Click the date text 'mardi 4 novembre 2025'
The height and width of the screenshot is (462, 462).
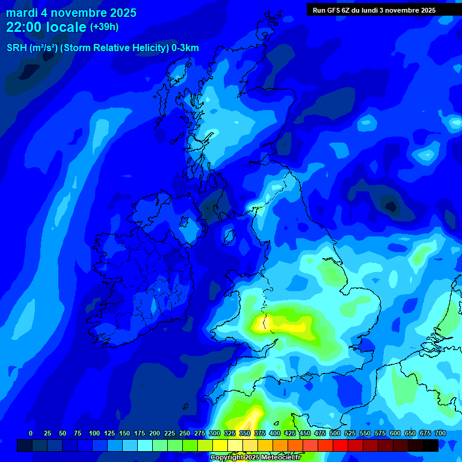click(71, 13)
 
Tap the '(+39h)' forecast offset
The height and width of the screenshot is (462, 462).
click(104, 27)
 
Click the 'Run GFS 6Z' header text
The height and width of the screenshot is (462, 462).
click(334, 10)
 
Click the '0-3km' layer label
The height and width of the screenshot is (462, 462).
click(185, 48)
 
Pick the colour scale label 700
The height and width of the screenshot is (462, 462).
click(440, 433)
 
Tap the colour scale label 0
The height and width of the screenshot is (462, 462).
click(31, 433)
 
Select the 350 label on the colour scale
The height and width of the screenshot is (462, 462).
click(244, 433)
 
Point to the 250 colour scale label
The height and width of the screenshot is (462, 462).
click(184, 433)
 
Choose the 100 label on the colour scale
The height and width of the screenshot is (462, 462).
click(94, 433)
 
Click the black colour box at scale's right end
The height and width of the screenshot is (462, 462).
click(431, 445)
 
